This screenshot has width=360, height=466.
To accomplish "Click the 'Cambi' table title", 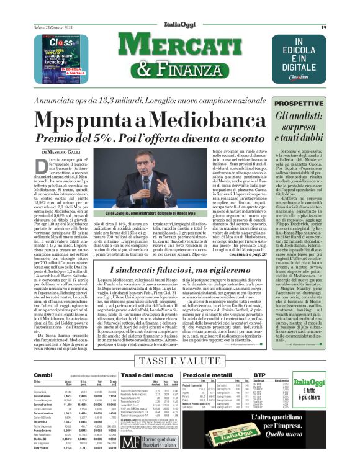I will [x=43, y=375].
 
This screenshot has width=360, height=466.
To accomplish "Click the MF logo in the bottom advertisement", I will [x=130, y=442].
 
